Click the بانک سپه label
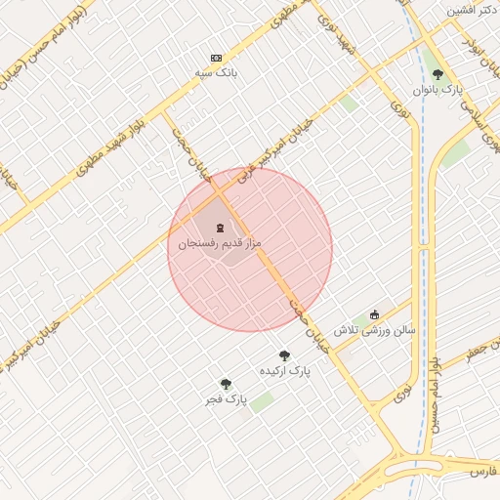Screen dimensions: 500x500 point(216,72)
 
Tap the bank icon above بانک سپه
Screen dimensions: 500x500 point(216,58)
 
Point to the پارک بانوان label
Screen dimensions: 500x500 point(436,89)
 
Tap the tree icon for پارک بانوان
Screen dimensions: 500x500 point(437,74)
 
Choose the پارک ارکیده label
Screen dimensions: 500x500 point(284,372)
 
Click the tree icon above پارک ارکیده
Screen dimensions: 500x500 point(284,356)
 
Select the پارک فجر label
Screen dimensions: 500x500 point(226,399)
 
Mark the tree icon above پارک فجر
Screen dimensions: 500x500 point(226,385)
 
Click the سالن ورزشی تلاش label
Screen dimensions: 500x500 point(375,330)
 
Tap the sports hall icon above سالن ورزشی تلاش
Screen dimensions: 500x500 point(374,314)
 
